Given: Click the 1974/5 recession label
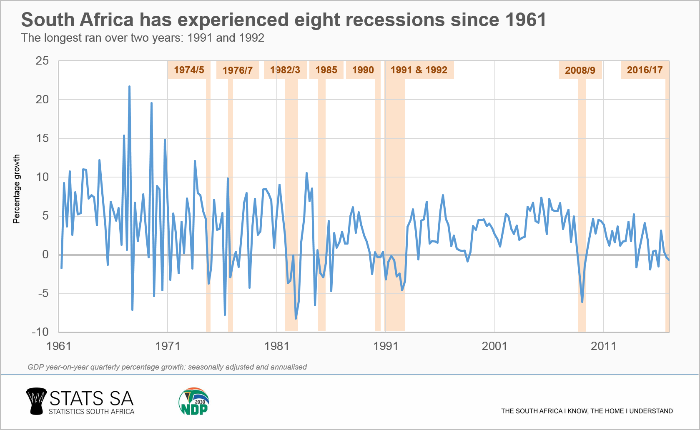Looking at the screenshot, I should point(189,70).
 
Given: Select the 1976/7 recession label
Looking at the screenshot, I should point(238,70).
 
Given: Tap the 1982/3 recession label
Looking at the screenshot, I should point(285,70).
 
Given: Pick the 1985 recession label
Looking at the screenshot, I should point(326,70).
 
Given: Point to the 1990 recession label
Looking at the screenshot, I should point(363,70).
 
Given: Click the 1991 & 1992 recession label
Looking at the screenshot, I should point(419,70).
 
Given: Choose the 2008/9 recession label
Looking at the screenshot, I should point(580,70).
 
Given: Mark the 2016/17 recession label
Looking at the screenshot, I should point(645,70).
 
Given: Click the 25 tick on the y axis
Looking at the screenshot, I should point(42,61).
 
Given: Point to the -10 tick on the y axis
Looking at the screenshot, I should point(40,332).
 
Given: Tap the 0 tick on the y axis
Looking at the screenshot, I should point(45,255).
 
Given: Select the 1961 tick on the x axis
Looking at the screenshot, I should point(59,346).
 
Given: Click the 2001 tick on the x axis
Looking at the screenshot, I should point(494,346).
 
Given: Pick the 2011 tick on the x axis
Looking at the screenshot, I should point(603,346).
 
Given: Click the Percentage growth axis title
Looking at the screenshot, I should point(17,189).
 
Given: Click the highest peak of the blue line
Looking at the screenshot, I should point(129,87).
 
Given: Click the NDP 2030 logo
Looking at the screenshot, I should point(194,402).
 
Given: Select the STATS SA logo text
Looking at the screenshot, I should point(91,399).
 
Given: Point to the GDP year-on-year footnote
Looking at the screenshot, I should point(167,367).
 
